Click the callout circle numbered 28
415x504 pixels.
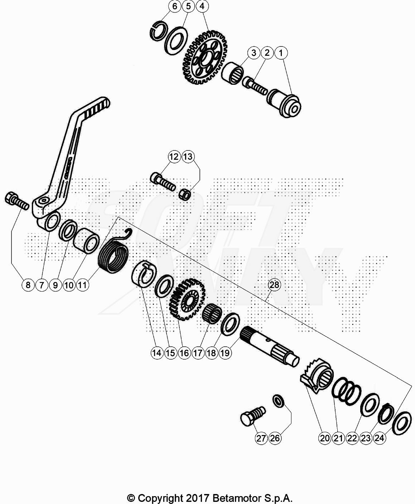[274, 285]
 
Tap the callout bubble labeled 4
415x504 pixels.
[202, 6]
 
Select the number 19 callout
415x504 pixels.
[225, 353]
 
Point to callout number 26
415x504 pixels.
[275, 438]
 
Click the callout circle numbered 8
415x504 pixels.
[28, 285]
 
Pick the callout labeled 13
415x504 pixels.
[188, 157]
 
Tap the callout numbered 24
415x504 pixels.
[380, 438]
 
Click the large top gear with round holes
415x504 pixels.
[205, 58]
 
